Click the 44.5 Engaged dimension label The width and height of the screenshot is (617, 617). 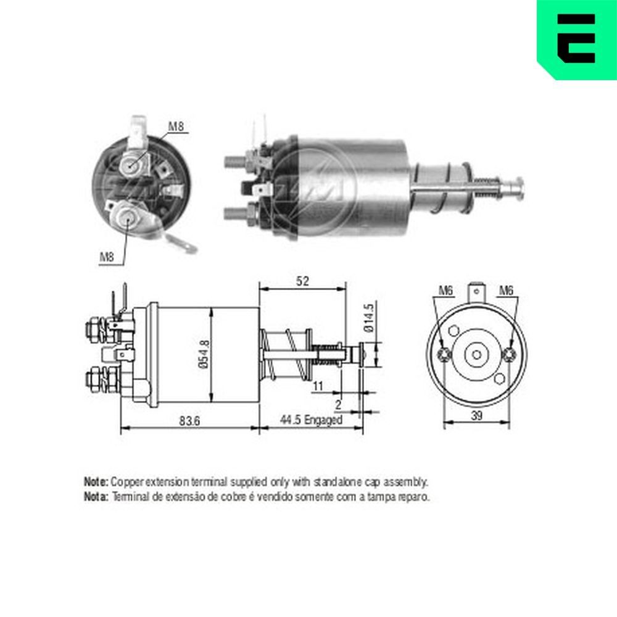[310, 420]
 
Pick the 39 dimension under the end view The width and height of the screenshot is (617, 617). [477, 416]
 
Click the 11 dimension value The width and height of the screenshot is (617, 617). [318, 386]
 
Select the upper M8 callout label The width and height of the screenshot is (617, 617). [176, 127]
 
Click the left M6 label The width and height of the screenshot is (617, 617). [445, 290]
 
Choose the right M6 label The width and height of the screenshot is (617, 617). [506, 290]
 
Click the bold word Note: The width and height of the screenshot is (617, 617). [96, 481]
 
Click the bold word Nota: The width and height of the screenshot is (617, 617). [96, 496]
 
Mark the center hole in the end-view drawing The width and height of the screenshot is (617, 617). [476, 354]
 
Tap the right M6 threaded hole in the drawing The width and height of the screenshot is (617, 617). [509, 354]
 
